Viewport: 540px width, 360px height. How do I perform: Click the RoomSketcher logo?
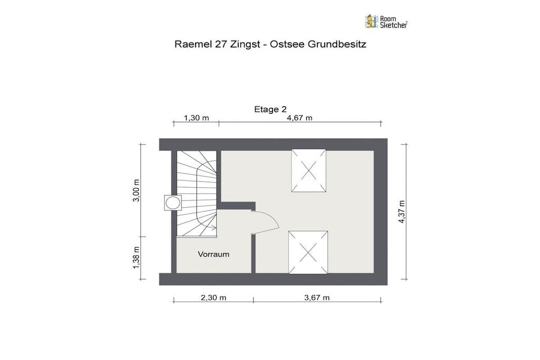point(386,21)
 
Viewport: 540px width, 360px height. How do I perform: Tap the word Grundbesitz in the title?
point(337,44)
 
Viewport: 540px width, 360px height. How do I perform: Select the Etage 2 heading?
point(271,109)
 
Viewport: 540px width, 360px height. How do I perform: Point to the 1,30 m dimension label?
point(196,118)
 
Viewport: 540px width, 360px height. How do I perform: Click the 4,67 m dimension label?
point(300,118)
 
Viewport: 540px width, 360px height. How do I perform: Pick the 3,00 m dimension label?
point(137,190)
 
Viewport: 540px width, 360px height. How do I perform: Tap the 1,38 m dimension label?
point(137,258)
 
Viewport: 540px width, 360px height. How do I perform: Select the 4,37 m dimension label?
point(401,212)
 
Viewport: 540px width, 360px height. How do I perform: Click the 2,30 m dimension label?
point(214,297)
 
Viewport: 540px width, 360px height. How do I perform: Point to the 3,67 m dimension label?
point(317,297)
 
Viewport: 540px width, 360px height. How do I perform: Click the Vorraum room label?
point(214,255)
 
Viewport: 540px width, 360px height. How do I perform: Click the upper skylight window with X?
point(308,170)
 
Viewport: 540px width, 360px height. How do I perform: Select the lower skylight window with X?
point(308,252)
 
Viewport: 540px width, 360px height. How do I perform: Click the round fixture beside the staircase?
point(172,203)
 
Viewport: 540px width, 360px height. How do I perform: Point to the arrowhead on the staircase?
point(214,228)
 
